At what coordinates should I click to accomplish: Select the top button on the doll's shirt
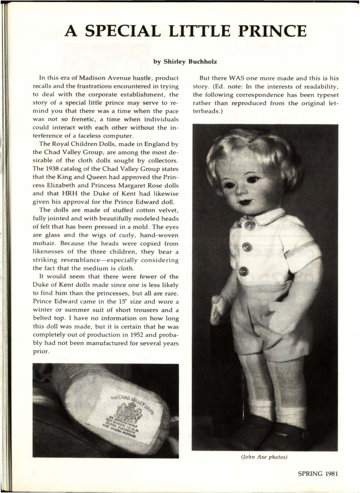[249, 225]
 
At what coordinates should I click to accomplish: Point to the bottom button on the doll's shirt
[244, 271]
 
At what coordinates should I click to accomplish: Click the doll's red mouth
[246, 202]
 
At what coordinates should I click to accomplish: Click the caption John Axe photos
[265, 457]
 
